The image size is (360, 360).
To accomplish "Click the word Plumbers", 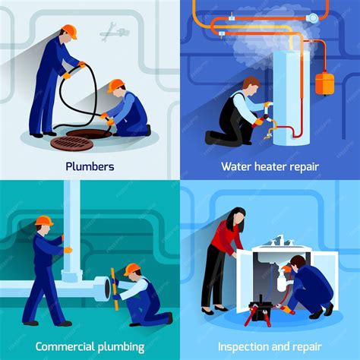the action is click(90, 166).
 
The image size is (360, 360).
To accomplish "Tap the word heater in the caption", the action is click(270, 166).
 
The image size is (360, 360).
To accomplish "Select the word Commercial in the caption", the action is click(65, 346).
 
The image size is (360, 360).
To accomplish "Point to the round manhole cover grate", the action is click(72, 143).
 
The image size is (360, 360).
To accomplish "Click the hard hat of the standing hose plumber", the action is click(70, 31).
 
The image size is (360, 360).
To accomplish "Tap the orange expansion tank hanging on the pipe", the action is click(324, 83).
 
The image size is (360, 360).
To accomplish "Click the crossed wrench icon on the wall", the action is click(115, 32).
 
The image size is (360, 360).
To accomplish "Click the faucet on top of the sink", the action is click(280, 241).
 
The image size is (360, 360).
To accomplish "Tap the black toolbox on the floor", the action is click(260, 310).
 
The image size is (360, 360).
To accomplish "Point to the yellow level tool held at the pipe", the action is click(114, 289).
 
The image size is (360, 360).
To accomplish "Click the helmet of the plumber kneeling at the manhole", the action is click(115, 85).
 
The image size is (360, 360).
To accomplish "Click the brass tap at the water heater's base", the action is click(269, 131).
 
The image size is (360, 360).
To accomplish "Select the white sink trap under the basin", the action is click(283, 282).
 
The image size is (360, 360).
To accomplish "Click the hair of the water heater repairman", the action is click(251, 82).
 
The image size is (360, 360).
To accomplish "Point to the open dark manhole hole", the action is click(89, 133).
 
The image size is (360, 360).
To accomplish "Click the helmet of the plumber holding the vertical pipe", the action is click(44, 220).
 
